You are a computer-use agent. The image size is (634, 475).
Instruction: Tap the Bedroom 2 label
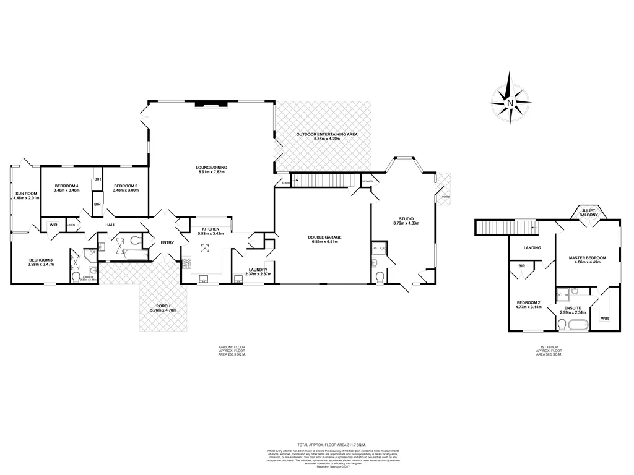529,304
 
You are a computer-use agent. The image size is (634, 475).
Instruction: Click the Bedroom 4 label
66,188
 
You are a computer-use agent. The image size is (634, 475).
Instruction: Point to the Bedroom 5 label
126,188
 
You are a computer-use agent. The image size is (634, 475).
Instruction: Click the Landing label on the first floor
532,248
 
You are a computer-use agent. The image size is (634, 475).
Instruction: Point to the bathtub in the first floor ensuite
579,325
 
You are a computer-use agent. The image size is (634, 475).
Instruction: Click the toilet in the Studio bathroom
380,276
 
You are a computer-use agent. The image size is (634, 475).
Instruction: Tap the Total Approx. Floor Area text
331,445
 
